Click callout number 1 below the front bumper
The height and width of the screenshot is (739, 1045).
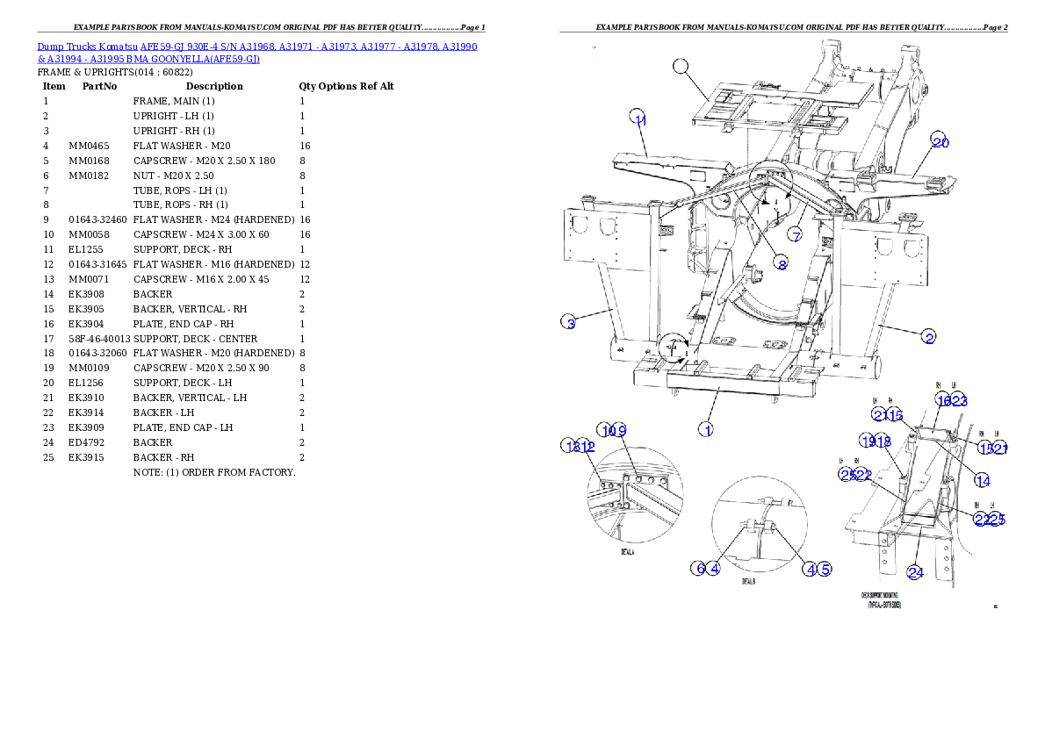pyautogui.click(x=705, y=429)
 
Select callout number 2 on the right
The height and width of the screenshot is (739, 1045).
pyautogui.click(x=928, y=336)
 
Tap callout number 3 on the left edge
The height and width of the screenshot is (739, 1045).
pyautogui.click(x=569, y=323)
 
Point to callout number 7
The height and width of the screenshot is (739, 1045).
pyautogui.click(x=795, y=235)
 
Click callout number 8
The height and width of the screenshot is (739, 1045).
pyautogui.click(x=781, y=263)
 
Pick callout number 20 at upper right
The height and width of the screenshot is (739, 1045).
pyautogui.click(x=940, y=141)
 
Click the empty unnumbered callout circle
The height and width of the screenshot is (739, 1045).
pyautogui.click(x=681, y=66)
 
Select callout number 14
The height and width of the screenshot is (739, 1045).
pyautogui.click(x=982, y=480)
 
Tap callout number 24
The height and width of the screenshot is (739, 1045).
pyautogui.click(x=915, y=572)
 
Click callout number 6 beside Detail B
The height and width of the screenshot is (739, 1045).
pyautogui.click(x=699, y=568)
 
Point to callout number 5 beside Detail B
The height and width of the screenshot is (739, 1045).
pyautogui.click(x=825, y=568)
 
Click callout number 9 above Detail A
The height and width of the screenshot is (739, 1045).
pyautogui.click(x=621, y=430)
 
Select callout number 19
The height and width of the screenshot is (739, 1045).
pyautogui.click(x=868, y=441)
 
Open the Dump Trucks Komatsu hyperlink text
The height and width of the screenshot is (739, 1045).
pyautogui.click(x=257, y=52)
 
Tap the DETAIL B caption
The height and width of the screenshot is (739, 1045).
pyautogui.click(x=748, y=581)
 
